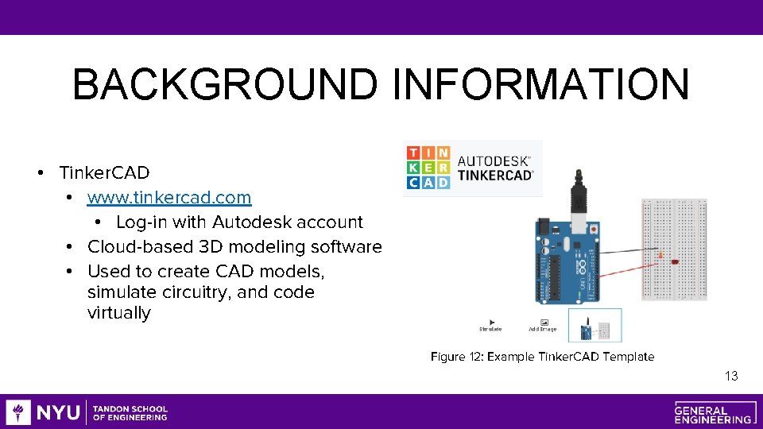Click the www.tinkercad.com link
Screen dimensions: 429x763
pyautogui.click(x=169, y=197)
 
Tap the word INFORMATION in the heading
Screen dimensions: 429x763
pyautogui.click(x=541, y=84)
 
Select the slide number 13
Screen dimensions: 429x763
pyautogui.click(x=731, y=376)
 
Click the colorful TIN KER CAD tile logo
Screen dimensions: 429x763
pyautogui.click(x=428, y=168)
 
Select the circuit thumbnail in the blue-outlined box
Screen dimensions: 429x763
pyautogui.click(x=595, y=326)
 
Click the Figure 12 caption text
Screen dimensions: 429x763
pyautogui.click(x=542, y=357)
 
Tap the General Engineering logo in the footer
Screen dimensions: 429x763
pyautogui.click(x=713, y=412)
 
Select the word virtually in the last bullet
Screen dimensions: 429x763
pyautogui.click(x=118, y=313)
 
